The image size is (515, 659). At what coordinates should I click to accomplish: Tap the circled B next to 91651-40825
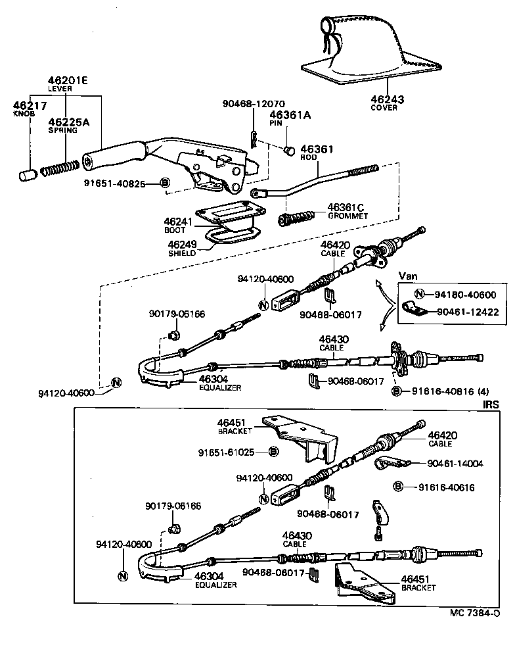coord(165,182)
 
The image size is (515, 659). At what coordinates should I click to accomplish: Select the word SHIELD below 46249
coord(181,252)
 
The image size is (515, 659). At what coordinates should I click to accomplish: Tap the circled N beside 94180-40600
coord(420,295)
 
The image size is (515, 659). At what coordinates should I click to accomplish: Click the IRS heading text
coord(491,403)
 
